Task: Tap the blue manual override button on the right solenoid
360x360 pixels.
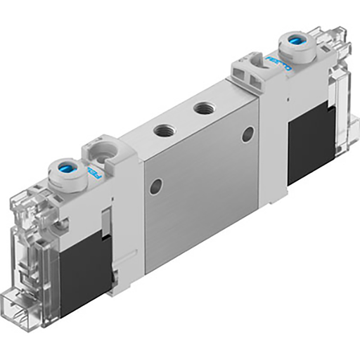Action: point(294,44)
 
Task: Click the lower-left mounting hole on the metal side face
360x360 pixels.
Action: point(156,186)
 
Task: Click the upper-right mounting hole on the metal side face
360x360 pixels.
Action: point(247,136)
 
